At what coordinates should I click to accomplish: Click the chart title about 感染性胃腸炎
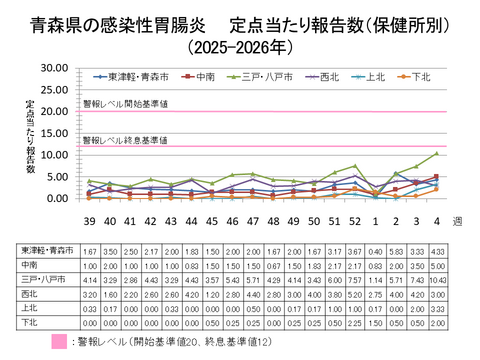pos(240,23)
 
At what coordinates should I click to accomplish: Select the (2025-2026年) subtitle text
pos(241,45)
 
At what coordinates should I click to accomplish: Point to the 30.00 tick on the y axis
pos(51,67)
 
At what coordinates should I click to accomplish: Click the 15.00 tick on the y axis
pos(51,133)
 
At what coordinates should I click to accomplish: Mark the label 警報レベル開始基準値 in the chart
pos(125,103)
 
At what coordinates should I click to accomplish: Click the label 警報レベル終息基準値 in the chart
pos(125,140)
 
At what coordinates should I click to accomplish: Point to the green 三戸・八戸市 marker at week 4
pos(436,153)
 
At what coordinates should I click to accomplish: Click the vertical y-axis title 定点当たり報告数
pos(31,135)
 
